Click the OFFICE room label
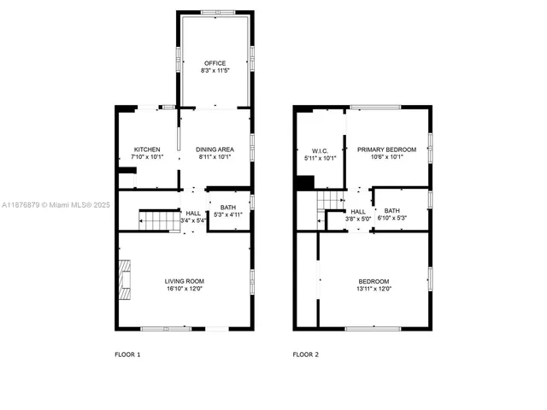click(x=215, y=63)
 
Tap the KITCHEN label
click(x=146, y=149)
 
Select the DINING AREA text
click(x=215, y=149)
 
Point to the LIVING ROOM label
click(x=184, y=281)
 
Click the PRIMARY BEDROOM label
click(x=386, y=149)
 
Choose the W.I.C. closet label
click(x=321, y=149)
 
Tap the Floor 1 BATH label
click(x=227, y=208)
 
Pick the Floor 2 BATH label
click(x=391, y=211)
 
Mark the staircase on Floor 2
click(x=329, y=203)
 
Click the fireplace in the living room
click(x=126, y=281)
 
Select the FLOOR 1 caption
click(x=127, y=354)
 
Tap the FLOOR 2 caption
click(x=305, y=354)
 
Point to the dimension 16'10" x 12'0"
click(x=184, y=289)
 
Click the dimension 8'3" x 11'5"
click(x=215, y=71)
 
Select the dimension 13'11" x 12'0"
click(x=373, y=289)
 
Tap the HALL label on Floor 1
click(x=192, y=213)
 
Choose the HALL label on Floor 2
click(x=358, y=211)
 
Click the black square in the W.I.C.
click(x=304, y=183)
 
